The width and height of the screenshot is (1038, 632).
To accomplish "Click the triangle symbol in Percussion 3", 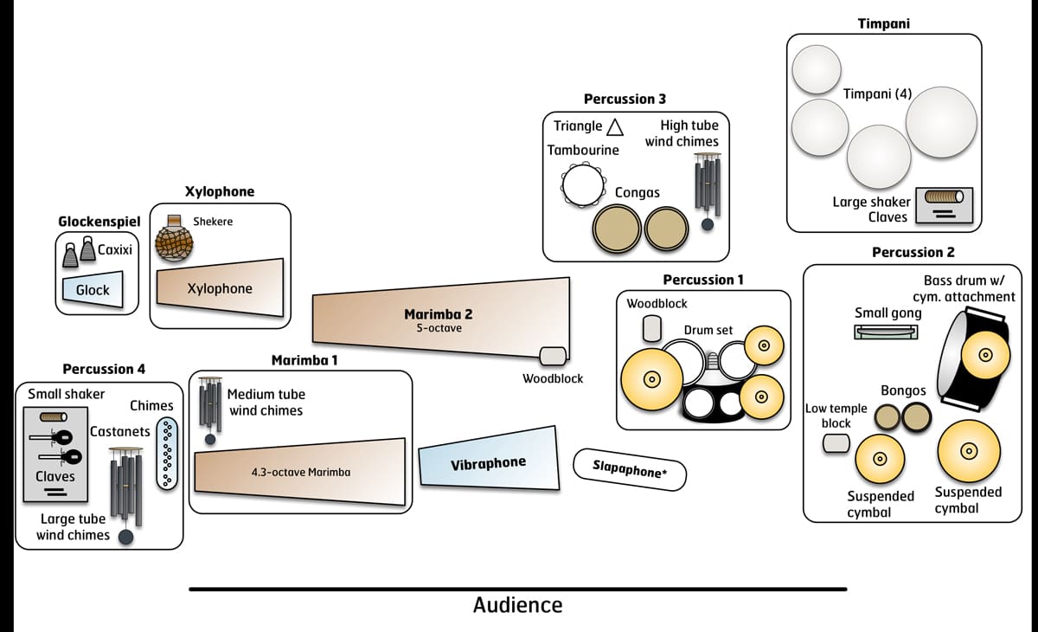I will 615,126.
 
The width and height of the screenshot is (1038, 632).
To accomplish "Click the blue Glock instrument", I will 93,290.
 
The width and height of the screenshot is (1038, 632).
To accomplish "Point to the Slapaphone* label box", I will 631,468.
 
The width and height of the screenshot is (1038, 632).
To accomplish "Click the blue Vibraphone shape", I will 488,461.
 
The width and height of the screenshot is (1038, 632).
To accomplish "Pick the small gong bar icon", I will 886,332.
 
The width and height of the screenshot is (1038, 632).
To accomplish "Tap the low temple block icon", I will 836,444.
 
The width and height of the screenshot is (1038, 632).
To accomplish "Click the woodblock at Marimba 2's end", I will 553,356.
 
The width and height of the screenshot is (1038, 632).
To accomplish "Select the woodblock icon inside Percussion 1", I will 651,328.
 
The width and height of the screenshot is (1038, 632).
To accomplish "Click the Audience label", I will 517,605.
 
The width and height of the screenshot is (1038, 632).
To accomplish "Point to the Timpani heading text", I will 883,23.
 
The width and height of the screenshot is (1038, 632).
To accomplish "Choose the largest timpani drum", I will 941,121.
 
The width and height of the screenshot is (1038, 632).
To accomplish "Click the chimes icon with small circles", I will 167,453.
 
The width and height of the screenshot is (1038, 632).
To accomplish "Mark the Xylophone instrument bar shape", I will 220,288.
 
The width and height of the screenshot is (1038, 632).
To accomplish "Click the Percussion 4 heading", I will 104,369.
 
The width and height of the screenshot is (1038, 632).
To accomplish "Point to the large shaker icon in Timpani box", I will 944,197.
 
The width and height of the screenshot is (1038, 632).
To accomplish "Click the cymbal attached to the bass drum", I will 984,355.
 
